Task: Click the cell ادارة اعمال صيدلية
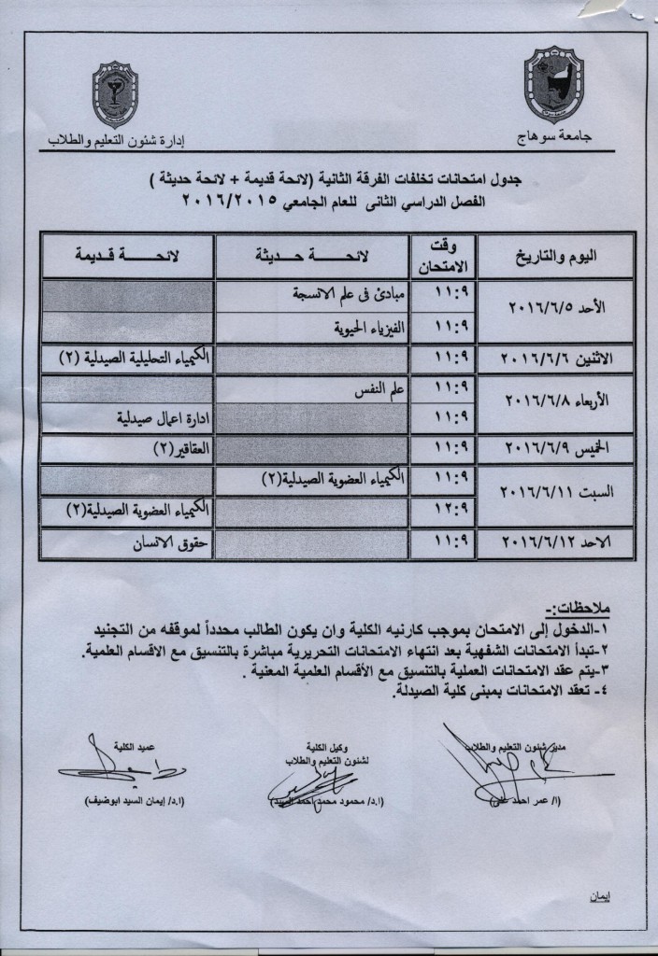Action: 157,418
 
